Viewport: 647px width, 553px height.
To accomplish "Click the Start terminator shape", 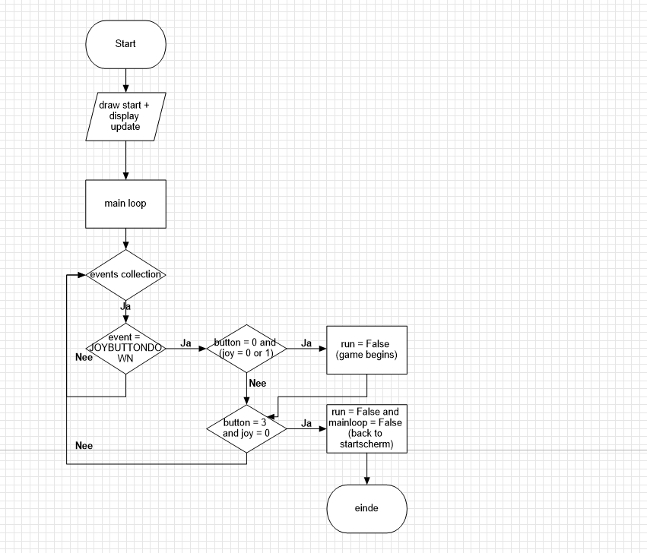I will tap(125, 43).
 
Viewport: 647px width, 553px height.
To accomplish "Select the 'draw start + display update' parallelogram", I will tap(125, 116).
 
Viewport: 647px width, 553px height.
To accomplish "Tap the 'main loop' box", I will tap(125, 204).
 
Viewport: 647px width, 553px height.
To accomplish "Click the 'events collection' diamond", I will tap(125, 274).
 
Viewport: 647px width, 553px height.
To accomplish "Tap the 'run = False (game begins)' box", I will tap(367, 349).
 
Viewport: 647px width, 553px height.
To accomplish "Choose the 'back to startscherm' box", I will tap(367, 428).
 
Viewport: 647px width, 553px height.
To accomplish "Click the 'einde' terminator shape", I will tap(367, 508).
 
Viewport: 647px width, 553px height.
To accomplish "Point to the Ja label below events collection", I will tap(125, 306).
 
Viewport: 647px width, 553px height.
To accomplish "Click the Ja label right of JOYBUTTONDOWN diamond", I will tap(186, 343).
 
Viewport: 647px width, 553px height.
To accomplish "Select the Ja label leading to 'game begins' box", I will tap(306, 343).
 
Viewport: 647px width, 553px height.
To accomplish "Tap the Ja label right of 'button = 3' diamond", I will tap(306, 423).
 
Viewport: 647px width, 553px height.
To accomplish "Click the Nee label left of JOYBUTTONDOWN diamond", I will tap(84, 356).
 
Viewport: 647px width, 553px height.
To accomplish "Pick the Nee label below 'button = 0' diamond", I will tap(258, 383).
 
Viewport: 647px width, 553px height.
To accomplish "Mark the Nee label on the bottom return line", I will tap(84, 445).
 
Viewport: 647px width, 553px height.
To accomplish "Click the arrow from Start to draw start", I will tap(125, 79).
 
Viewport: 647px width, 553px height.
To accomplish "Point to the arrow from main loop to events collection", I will tap(125, 239).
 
